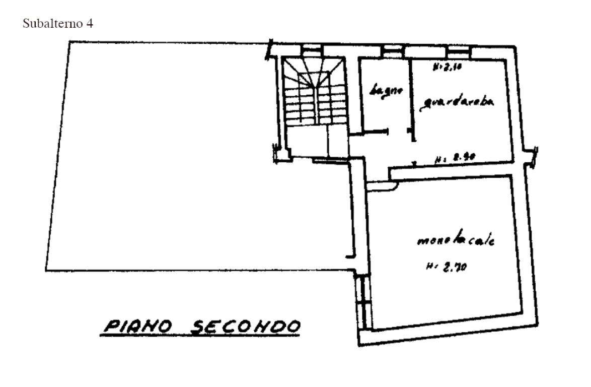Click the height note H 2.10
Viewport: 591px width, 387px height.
tap(444, 66)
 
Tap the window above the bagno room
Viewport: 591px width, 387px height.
tap(390, 50)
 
